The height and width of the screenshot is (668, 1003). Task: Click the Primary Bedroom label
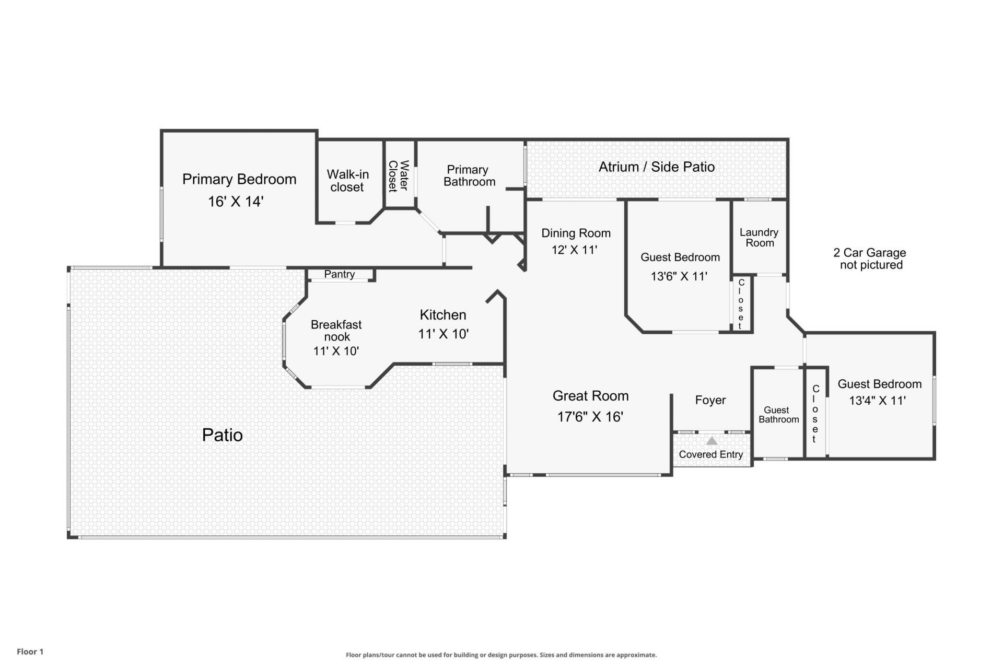tap(239, 179)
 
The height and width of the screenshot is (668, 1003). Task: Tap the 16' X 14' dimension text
tap(236, 202)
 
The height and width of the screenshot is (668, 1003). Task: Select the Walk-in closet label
tap(347, 181)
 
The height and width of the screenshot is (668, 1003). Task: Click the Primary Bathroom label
tap(469, 175)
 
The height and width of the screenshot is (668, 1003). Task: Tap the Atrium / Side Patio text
tap(656, 167)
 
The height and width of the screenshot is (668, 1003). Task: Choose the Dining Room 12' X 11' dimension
tap(574, 250)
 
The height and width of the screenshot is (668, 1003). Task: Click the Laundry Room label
tap(759, 238)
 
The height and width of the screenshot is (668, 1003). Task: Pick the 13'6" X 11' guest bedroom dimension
tap(679, 276)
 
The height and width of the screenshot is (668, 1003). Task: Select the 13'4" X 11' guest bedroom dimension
tap(877, 401)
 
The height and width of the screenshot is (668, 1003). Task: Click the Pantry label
tap(339, 274)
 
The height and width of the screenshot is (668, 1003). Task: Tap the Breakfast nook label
tap(336, 331)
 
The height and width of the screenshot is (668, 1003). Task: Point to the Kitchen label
tap(442, 315)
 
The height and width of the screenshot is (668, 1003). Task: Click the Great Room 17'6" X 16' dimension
tap(590, 417)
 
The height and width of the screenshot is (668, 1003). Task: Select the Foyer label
tap(710, 400)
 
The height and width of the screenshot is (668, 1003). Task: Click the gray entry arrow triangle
tap(712, 441)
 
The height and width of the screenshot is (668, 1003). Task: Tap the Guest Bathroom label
tap(778, 415)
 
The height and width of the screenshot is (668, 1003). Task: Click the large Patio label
tap(222, 435)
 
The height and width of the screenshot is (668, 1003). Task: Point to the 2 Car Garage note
tap(870, 259)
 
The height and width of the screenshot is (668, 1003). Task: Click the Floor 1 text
tap(30, 651)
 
